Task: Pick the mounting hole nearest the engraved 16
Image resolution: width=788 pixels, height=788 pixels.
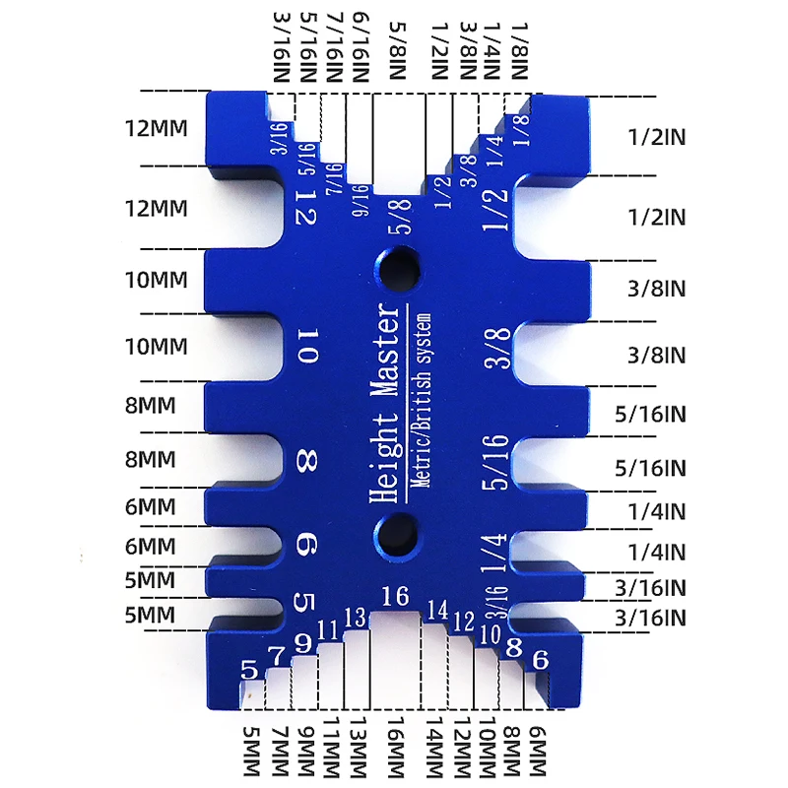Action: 396,531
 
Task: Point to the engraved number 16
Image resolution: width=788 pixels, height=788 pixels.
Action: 395,596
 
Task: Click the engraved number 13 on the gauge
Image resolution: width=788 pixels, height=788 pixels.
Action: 356,618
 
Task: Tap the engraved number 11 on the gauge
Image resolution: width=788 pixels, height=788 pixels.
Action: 329,630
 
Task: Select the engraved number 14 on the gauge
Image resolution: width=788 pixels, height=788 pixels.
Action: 436,610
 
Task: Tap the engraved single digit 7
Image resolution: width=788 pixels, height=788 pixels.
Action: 277,655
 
